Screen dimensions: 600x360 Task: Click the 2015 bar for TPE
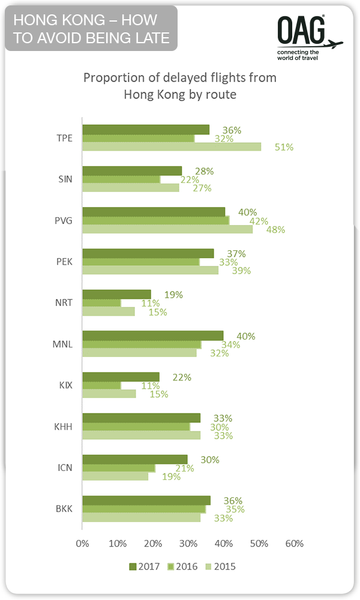click(x=172, y=147)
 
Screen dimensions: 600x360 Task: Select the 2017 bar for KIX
click(x=121, y=377)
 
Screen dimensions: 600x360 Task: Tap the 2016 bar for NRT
click(x=101, y=303)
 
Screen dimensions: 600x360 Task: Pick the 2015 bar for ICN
click(x=115, y=476)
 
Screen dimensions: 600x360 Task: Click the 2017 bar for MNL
click(x=152, y=335)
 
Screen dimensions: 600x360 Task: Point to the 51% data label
click(x=284, y=147)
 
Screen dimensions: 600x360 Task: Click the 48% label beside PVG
click(x=276, y=229)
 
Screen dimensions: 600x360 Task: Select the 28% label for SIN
click(x=205, y=171)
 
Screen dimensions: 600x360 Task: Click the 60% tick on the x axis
click(x=294, y=544)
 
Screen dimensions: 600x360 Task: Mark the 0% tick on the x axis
click(x=82, y=544)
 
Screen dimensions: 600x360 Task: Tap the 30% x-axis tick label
click(x=188, y=544)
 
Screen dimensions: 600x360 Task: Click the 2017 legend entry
click(x=145, y=566)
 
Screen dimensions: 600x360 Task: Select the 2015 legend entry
click(x=221, y=566)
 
